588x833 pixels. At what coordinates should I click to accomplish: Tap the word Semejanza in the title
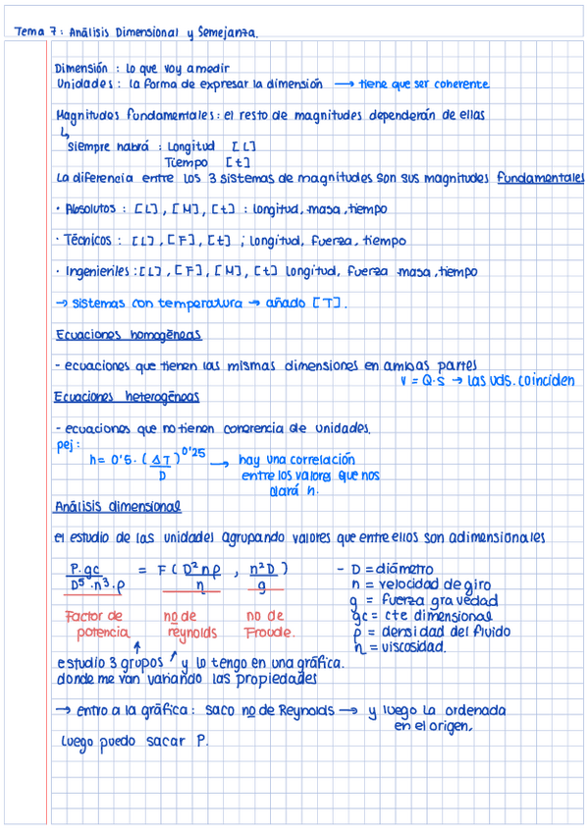click(x=228, y=32)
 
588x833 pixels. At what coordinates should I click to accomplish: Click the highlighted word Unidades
click(x=82, y=84)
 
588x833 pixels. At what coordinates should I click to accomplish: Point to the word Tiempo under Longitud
click(x=187, y=162)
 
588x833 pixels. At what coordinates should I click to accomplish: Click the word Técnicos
click(x=88, y=240)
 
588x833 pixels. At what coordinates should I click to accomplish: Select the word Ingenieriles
click(x=98, y=271)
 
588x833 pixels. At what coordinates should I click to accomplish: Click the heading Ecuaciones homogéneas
click(x=128, y=335)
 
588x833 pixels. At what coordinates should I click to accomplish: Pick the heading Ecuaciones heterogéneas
click(x=128, y=397)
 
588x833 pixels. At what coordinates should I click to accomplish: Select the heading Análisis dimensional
click(x=118, y=507)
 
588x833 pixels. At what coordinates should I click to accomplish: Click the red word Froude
click(x=271, y=632)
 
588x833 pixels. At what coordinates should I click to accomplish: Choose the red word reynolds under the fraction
click(x=191, y=632)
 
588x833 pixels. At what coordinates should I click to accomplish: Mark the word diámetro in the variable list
click(x=399, y=569)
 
